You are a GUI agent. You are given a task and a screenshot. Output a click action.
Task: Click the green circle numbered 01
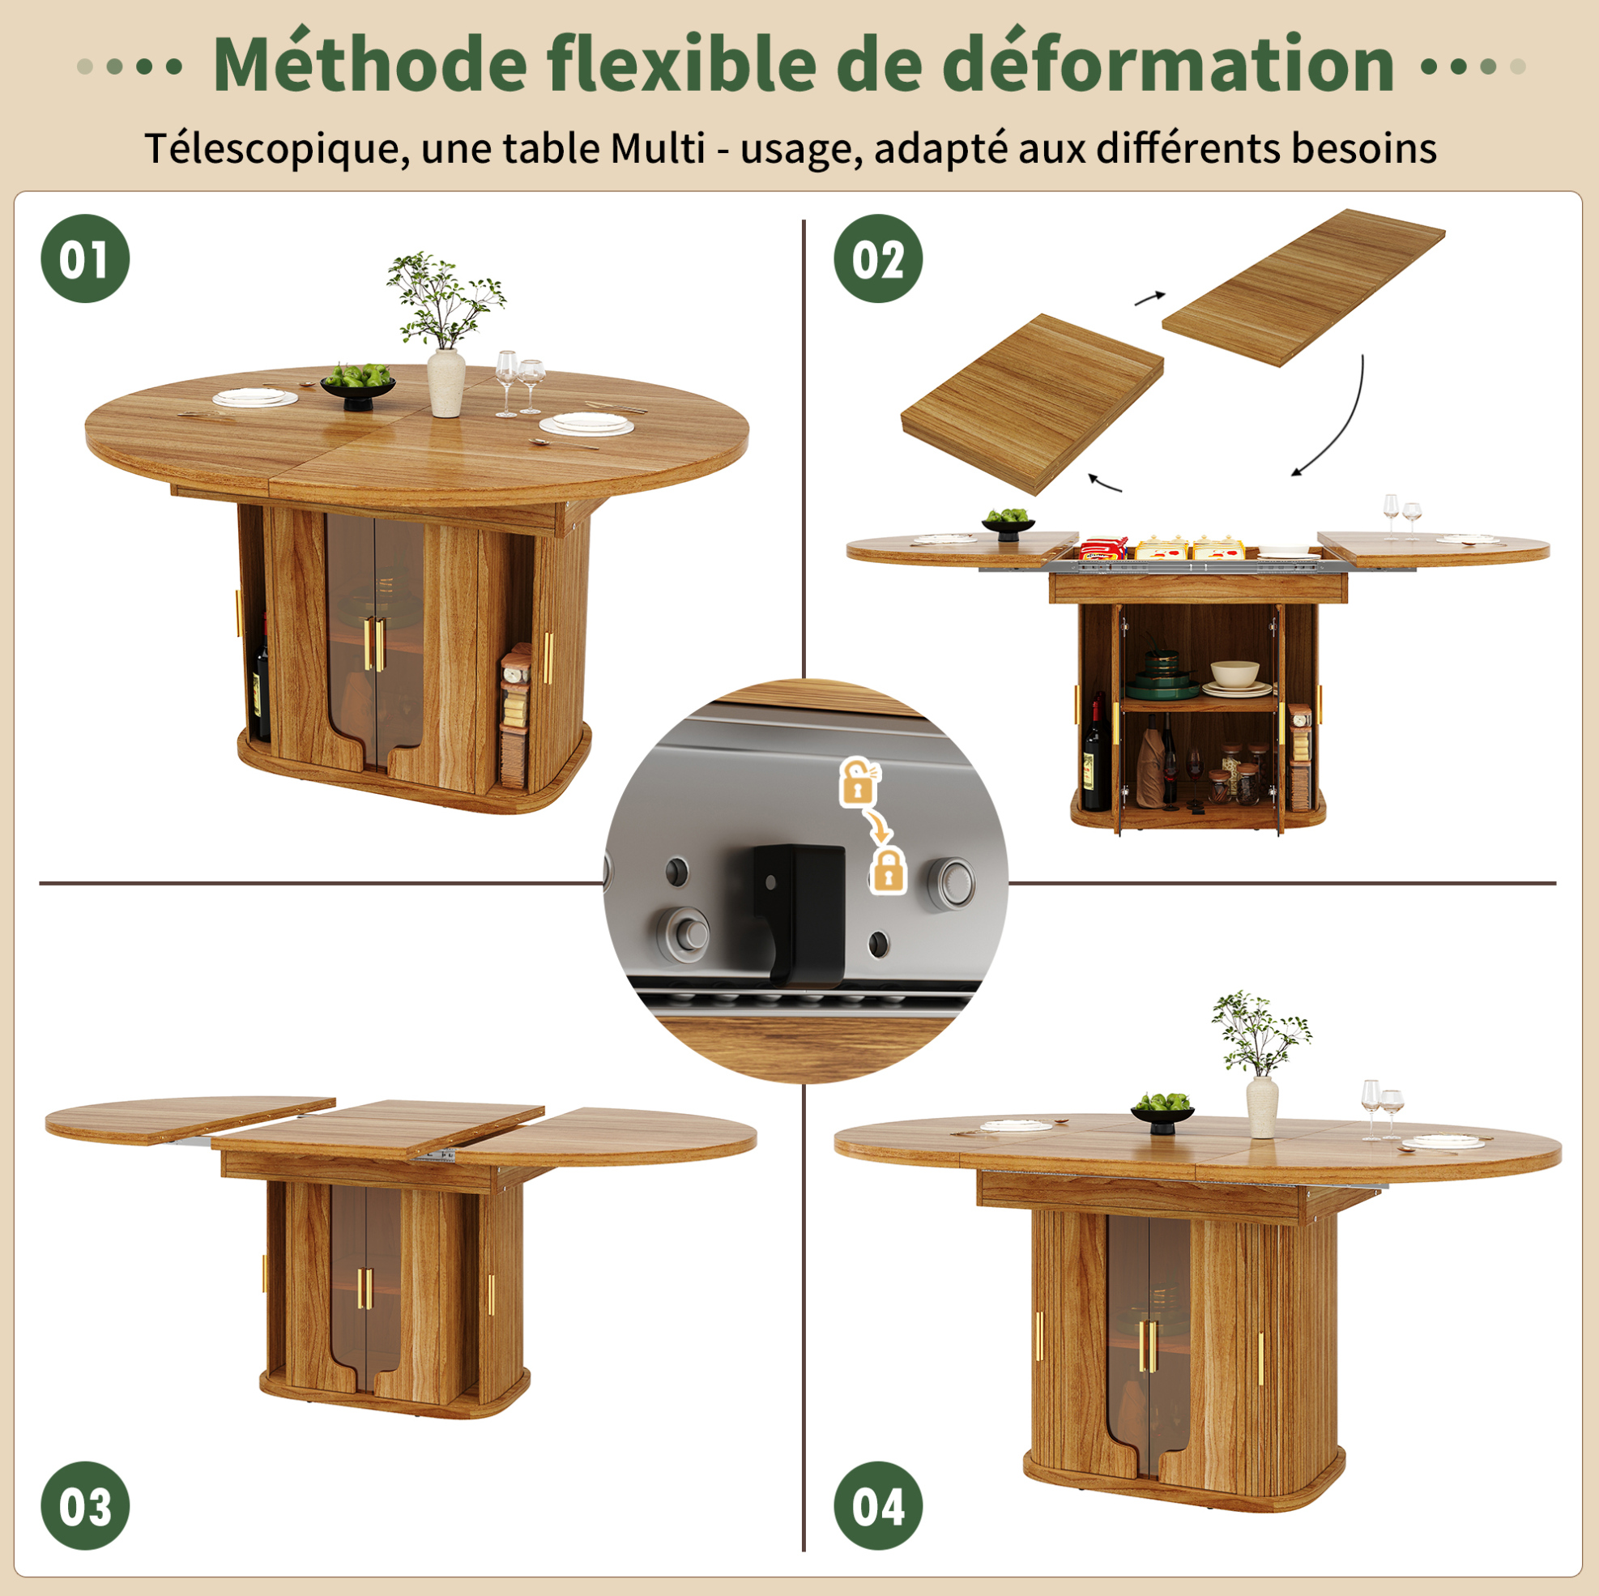click(85, 258)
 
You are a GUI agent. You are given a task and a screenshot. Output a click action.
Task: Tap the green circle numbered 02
click(878, 258)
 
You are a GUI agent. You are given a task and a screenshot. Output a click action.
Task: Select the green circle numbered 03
click(85, 1506)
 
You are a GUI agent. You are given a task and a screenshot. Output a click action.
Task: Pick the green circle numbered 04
click(878, 1506)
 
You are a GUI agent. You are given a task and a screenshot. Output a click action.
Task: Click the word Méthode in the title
click(370, 64)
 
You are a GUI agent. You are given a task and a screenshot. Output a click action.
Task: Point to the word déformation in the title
click(1169, 64)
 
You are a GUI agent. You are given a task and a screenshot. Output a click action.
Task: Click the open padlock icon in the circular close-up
click(859, 783)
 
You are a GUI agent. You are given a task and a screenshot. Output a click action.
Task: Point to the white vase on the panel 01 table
click(446, 382)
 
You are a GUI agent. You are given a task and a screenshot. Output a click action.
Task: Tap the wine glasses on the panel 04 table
click(1381, 1109)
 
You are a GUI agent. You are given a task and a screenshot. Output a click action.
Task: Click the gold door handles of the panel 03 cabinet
click(365, 1289)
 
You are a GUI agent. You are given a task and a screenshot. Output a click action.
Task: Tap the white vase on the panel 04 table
click(1262, 1107)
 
